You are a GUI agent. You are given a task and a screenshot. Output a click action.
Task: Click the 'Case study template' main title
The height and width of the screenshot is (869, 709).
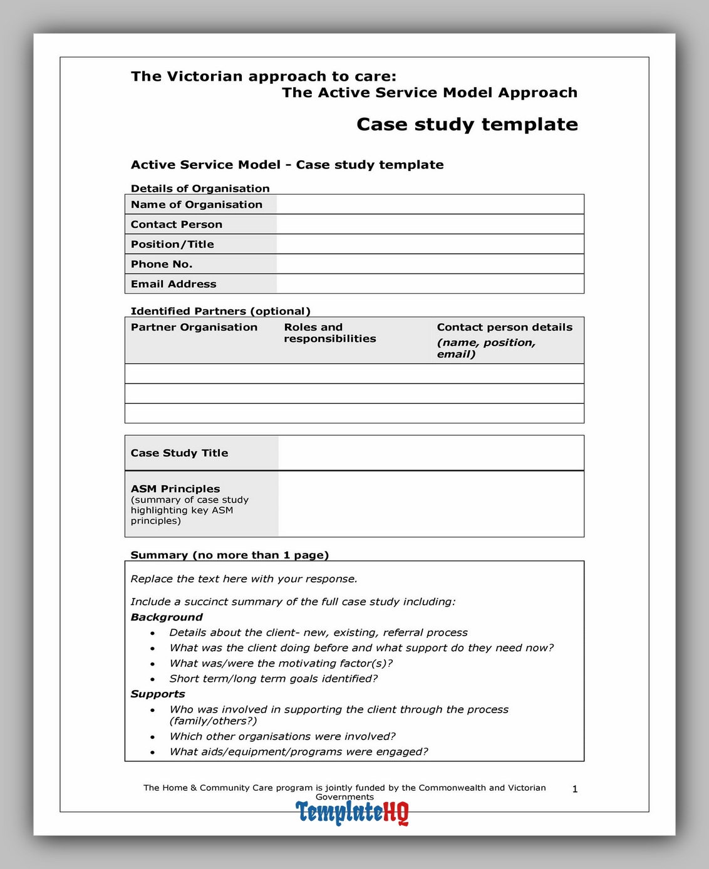[467, 124]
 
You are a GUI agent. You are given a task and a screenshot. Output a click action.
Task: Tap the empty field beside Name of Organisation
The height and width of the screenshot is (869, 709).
[430, 205]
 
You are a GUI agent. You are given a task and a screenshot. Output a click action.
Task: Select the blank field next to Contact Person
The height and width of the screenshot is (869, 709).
[430, 224]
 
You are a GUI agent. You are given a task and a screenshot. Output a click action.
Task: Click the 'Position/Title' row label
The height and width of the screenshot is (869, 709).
[172, 244]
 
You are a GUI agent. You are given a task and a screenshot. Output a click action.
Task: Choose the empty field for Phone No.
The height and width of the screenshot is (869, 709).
[430, 264]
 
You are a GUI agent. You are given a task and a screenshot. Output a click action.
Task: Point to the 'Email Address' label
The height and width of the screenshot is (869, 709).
[173, 284]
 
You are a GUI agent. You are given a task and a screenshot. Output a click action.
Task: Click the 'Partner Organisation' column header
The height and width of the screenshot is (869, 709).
[194, 327]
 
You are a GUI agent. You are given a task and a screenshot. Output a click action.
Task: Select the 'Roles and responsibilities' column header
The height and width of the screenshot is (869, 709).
[330, 333]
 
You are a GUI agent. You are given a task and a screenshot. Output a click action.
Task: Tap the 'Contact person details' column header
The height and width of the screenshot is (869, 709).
[504, 327]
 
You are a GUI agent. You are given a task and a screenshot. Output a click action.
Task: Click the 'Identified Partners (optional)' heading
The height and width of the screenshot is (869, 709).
[220, 311]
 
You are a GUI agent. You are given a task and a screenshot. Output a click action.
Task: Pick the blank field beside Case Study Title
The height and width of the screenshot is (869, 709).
[431, 453]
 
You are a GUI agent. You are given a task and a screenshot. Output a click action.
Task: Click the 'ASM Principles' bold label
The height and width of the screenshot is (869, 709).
[175, 489]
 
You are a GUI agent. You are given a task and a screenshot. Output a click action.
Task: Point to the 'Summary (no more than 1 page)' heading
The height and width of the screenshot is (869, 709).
[229, 555]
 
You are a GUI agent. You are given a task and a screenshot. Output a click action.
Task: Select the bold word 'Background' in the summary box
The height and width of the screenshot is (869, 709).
[167, 617]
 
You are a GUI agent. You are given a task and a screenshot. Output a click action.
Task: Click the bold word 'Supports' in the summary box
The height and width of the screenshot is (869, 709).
[158, 694]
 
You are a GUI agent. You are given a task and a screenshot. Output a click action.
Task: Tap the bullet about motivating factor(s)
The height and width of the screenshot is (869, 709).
[281, 664]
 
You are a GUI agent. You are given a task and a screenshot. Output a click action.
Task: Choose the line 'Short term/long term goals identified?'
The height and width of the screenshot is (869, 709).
[274, 679]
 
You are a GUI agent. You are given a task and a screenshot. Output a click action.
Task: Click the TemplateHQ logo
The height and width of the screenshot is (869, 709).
[352, 813]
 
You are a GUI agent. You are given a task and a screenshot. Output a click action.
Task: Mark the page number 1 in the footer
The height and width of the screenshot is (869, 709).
[575, 789]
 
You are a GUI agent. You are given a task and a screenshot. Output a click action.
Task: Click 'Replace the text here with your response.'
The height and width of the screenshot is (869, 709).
[244, 579]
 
